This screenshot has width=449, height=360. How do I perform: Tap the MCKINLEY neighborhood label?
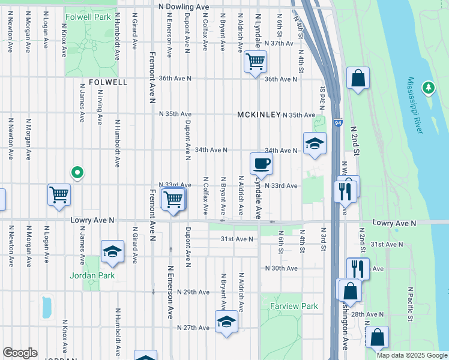(259, 115)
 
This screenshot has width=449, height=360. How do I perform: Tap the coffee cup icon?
(261, 163)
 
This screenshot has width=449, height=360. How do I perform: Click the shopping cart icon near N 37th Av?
(255, 61)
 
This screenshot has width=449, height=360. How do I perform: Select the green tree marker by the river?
(428, 88)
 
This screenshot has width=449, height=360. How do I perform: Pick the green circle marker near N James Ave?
(77, 173)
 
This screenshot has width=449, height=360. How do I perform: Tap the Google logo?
(20, 353)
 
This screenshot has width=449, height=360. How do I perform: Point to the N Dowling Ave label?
(184, 7)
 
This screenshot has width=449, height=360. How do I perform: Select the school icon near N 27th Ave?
(226, 322)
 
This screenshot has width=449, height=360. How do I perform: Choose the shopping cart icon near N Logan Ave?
(59, 194)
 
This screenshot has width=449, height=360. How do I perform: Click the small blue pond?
(46, 307)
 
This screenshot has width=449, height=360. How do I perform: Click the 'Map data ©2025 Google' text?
(412, 355)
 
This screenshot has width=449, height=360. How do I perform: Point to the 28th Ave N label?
(367, 314)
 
